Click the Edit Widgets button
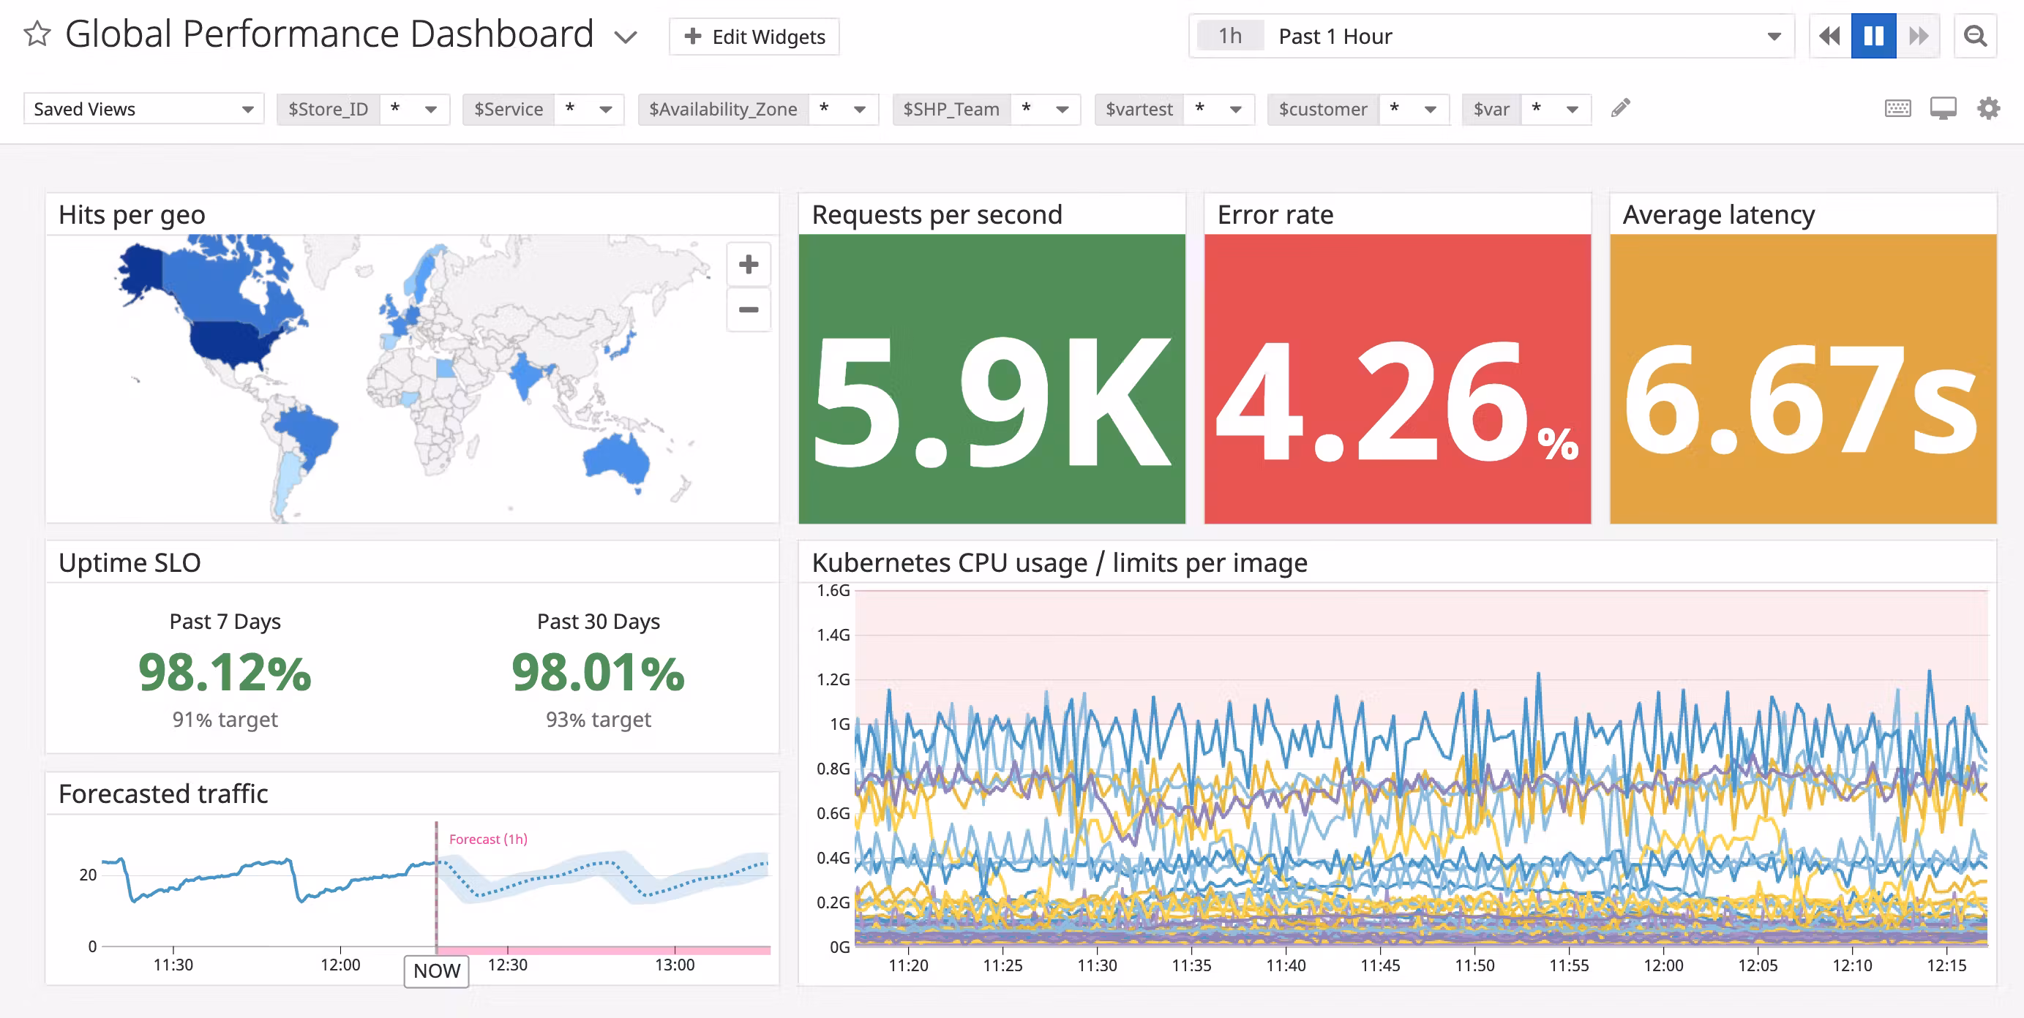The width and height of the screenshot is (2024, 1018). [x=754, y=37]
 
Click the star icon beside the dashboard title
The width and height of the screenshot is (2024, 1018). [x=37, y=34]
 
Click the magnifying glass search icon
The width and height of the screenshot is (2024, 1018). [x=1974, y=36]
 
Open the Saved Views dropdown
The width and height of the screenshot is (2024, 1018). [x=143, y=109]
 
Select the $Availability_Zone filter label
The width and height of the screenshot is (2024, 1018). [x=722, y=109]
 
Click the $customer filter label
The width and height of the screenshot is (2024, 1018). [x=1322, y=109]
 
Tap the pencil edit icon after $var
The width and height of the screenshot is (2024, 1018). [x=1620, y=108]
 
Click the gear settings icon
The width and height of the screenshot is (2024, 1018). [x=1988, y=108]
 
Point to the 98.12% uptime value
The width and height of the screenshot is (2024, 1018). [x=225, y=673]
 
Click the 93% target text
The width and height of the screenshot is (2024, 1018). [x=598, y=720]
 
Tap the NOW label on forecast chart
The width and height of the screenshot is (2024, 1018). [x=437, y=971]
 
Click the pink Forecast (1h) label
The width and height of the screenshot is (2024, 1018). [x=488, y=839]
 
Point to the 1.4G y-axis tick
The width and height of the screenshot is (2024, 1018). [x=833, y=635]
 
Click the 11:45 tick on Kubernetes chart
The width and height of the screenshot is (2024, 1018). [x=1380, y=965]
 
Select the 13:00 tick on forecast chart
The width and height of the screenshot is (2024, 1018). [x=674, y=965]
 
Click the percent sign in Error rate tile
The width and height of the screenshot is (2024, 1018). [x=1558, y=444]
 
